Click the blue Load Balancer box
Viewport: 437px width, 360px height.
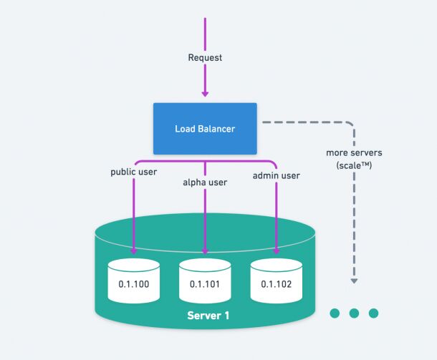pos(205,128)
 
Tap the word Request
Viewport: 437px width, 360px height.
pos(205,57)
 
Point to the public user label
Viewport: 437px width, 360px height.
pos(133,172)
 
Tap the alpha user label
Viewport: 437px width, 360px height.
pos(205,183)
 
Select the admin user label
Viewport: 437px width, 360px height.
pos(277,175)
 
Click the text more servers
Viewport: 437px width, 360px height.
pos(353,153)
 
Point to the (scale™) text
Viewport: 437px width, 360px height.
pos(354,165)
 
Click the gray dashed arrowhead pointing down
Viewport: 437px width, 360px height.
pos(354,281)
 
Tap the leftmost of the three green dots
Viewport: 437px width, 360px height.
pos(335,313)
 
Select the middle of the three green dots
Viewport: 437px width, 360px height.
pos(354,313)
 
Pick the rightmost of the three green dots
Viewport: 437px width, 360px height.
pos(373,313)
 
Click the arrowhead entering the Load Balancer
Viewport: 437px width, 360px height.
pos(205,92)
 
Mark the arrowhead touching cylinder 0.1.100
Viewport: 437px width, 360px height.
pos(134,250)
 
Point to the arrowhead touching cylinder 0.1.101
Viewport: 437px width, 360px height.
pos(205,250)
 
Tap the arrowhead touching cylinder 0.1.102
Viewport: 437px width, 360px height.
pos(277,250)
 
